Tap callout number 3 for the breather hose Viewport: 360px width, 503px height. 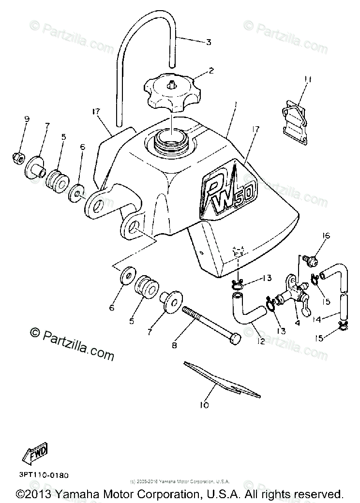[x=209, y=43]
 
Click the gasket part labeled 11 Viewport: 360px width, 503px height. [x=296, y=116]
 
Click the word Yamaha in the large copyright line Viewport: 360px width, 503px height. [x=78, y=494]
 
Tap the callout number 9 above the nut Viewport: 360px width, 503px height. [x=27, y=119]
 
